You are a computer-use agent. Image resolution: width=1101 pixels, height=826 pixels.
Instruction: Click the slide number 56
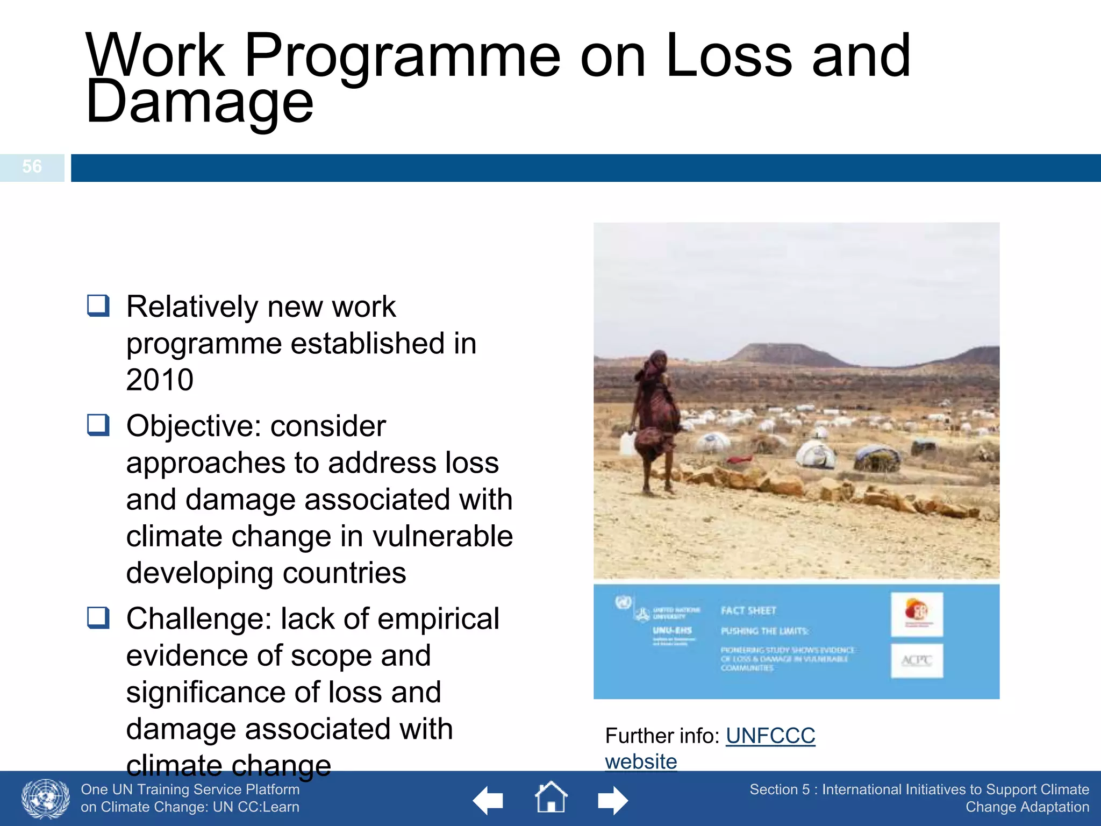(32, 167)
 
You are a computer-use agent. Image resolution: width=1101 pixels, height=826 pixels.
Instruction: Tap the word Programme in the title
(402, 55)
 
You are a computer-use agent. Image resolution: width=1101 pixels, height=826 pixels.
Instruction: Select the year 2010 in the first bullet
(160, 380)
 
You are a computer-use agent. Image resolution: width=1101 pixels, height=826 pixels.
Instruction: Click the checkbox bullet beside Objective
(98, 425)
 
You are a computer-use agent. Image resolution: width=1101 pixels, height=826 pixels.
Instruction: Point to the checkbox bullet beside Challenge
(98, 618)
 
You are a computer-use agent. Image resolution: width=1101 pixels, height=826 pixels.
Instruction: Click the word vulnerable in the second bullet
(442, 536)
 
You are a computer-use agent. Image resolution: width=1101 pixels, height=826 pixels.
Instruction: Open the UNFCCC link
(770, 736)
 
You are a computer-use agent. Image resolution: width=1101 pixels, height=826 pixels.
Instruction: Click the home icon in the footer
(551, 798)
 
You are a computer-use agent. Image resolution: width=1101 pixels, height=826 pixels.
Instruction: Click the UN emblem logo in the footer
(46, 799)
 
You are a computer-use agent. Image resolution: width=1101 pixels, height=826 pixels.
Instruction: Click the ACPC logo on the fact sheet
(917, 660)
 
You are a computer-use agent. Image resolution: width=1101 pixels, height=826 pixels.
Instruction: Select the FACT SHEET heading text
(748, 610)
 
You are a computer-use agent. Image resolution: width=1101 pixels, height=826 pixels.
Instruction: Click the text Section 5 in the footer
(779, 789)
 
